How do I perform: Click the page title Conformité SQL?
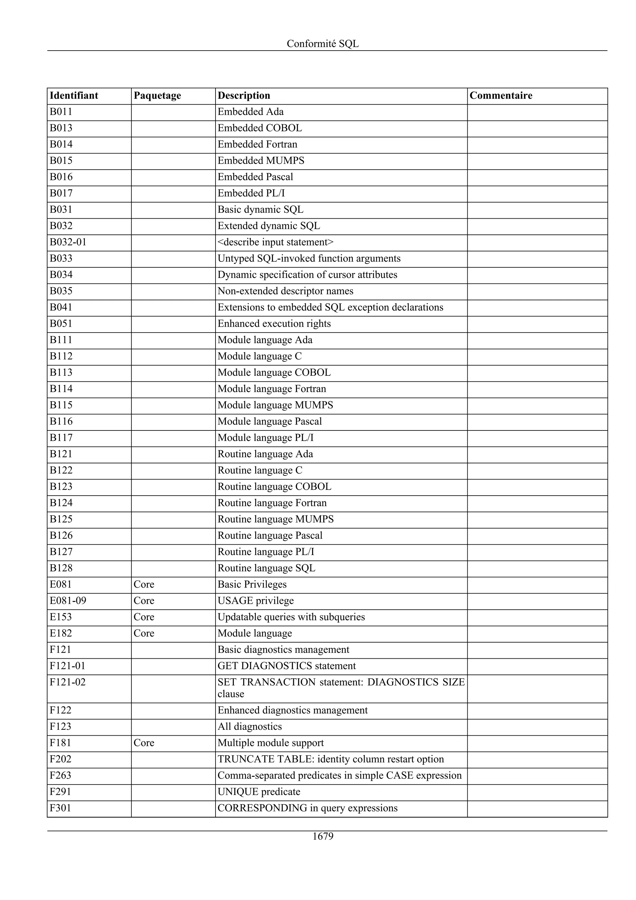(323, 43)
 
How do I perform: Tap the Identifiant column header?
(74, 96)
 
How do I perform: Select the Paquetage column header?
(157, 96)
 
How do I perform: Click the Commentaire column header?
(501, 96)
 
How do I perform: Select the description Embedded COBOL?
(259, 128)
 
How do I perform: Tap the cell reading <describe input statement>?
(275, 242)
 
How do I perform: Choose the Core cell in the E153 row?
(144, 617)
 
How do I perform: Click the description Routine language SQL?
(266, 568)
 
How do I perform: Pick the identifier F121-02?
(67, 682)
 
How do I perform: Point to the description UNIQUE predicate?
(259, 792)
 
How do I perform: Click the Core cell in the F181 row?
(144, 743)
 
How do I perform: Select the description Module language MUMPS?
(275, 405)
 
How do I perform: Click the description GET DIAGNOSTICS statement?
(286, 666)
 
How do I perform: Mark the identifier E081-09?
(68, 601)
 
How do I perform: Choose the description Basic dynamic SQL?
(260, 210)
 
